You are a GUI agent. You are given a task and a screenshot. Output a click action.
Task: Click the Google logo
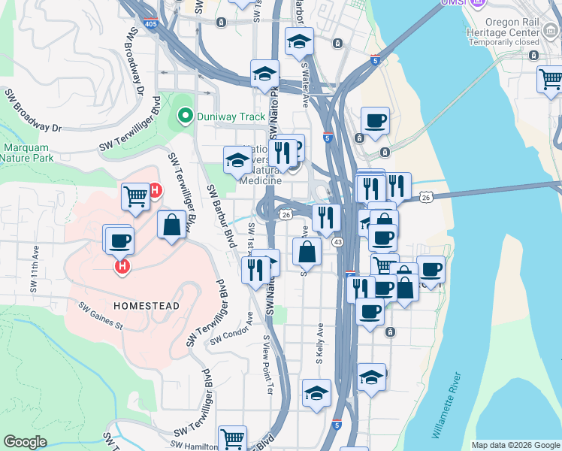pos(25,442)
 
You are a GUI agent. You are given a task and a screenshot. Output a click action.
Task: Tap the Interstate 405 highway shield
pos(150,23)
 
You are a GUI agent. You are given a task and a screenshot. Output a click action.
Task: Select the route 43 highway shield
pos(338,241)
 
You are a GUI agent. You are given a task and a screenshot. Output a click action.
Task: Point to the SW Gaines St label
pos(101,316)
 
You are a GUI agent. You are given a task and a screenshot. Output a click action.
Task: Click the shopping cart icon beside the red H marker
pos(135,196)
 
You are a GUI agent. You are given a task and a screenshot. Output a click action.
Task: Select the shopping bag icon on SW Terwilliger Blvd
pos(172,225)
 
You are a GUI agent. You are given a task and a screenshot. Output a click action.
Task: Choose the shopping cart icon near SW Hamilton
pos(233,438)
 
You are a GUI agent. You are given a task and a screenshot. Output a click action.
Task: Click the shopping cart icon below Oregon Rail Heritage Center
pos(550,78)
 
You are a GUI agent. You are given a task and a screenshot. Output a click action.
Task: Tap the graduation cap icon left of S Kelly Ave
pos(316,393)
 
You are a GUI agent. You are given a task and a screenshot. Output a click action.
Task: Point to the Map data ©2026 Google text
pos(515,445)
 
